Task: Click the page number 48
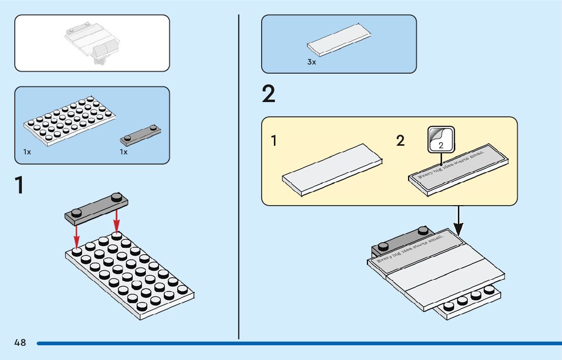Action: (x=20, y=343)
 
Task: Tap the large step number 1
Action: (x=20, y=185)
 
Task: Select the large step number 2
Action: (x=269, y=95)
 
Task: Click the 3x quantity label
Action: (x=311, y=62)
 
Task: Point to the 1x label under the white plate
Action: (x=27, y=152)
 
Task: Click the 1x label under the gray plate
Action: (x=123, y=152)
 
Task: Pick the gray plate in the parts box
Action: (x=141, y=134)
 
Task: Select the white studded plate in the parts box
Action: (x=70, y=122)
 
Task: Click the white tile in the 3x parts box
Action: (x=339, y=39)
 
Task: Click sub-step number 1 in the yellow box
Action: (x=274, y=141)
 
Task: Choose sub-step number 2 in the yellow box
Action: (x=400, y=141)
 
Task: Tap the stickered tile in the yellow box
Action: (x=459, y=170)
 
